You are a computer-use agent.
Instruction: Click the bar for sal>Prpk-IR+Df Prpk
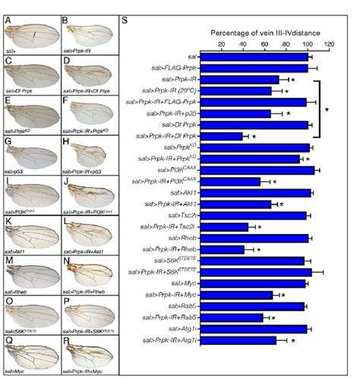tap(221, 136)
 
